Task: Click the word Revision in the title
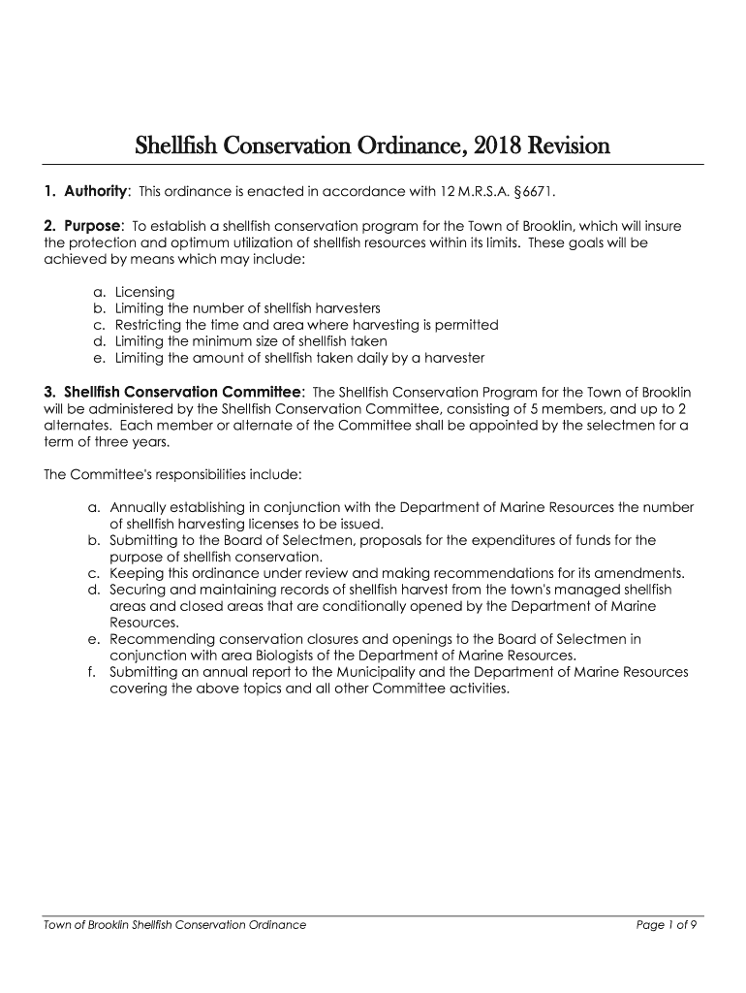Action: pos(571,147)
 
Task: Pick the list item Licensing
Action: pos(144,292)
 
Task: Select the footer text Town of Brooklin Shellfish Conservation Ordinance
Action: pos(175,925)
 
